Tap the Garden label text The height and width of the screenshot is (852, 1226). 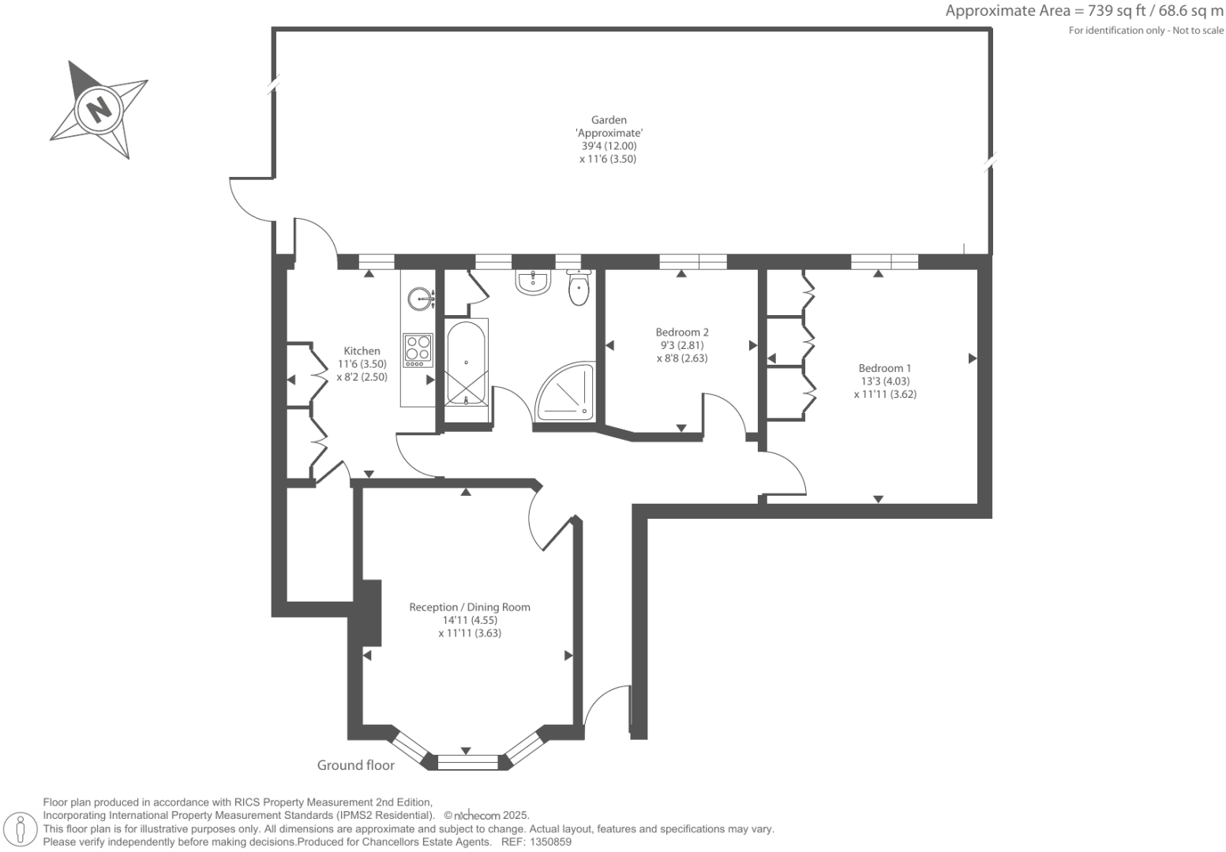click(609, 120)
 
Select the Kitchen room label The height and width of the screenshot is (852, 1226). click(362, 351)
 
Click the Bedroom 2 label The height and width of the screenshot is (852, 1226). click(682, 332)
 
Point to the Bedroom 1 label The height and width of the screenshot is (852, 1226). click(884, 368)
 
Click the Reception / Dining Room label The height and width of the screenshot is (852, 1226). click(469, 607)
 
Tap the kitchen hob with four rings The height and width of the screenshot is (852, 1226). click(418, 351)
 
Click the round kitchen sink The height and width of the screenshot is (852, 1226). click(420, 298)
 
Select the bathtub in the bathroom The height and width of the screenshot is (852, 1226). click(466, 363)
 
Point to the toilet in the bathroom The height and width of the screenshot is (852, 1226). click(579, 287)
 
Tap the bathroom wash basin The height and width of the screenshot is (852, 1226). click(533, 282)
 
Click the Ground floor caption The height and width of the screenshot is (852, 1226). click(355, 764)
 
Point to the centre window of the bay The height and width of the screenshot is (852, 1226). click(467, 762)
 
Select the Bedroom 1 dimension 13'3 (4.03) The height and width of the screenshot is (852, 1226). click(885, 381)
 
